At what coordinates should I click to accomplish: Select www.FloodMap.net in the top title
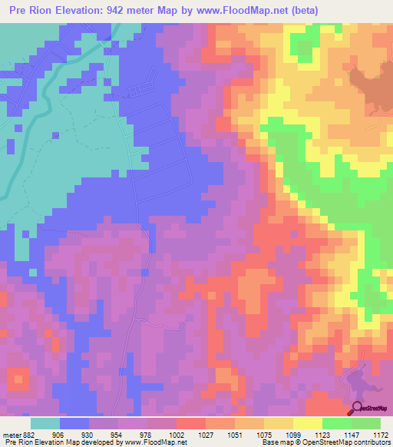point(244,11)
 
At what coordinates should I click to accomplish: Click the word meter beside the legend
point(12,435)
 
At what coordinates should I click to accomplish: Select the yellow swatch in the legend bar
point(307,423)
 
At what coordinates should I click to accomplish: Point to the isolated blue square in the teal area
point(55,136)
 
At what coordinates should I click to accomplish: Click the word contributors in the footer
point(371,443)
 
